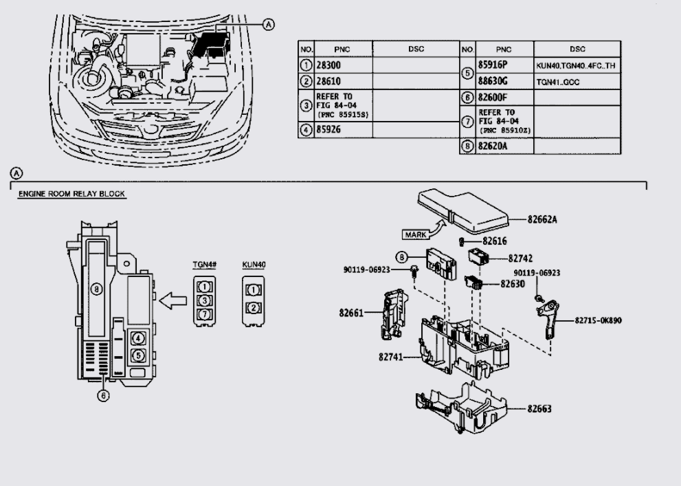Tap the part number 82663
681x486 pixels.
coord(540,408)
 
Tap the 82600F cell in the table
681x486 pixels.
coord(496,98)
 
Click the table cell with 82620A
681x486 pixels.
coord(495,146)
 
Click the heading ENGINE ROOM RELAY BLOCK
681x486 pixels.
coord(71,195)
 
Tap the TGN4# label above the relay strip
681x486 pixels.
coord(204,264)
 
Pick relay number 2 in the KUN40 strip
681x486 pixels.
coord(254,307)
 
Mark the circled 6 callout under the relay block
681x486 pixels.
coord(104,395)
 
